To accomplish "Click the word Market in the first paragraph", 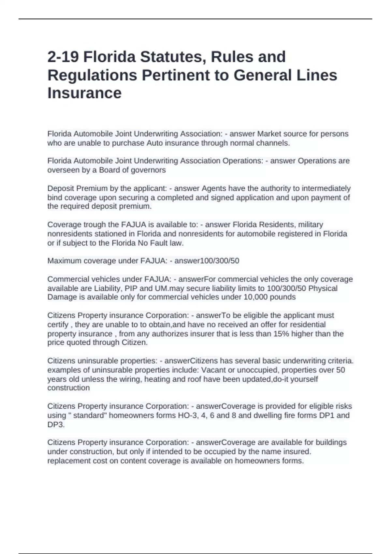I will tap(269, 134).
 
